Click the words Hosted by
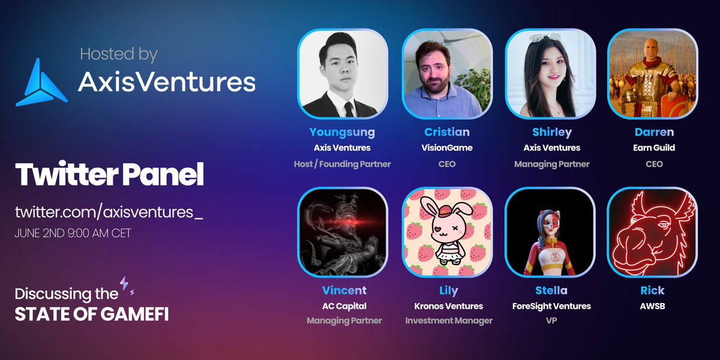click(119, 55)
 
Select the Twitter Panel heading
click(110, 174)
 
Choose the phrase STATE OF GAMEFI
click(91, 314)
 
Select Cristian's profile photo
click(446, 73)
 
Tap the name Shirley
click(551, 132)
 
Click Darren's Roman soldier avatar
click(652, 73)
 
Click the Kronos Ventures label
click(448, 306)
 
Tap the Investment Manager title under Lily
click(449, 320)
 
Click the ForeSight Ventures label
click(551, 306)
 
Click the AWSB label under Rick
click(652, 306)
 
